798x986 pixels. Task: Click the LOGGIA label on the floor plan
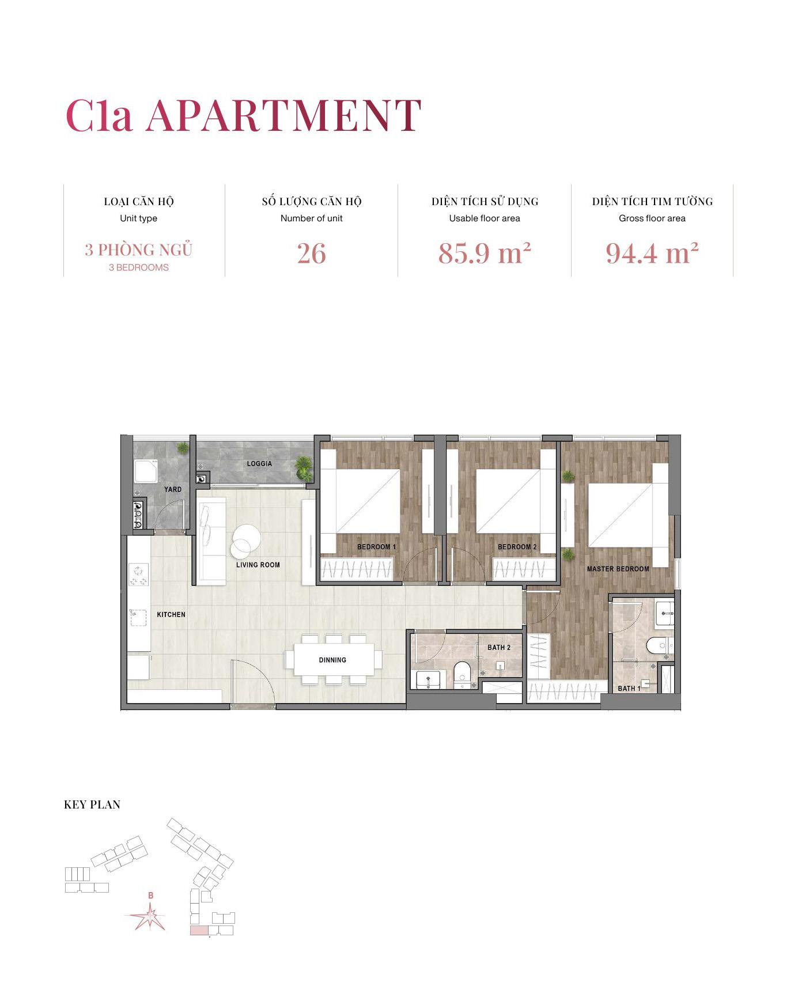pyautogui.click(x=259, y=463)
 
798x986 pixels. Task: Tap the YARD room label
pyautogui.click(x=172, y=489)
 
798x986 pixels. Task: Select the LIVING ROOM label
pyautogui.click(x=258, y=565)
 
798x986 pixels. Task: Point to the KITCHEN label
pyautogui.click(x=171, y=614)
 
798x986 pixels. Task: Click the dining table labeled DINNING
pyautogui.click(x=332, y=660)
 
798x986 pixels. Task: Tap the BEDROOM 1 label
pyautogui.click(x=376, y=547)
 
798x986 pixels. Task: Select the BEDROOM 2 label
pyautogui.click(x=517, y=547)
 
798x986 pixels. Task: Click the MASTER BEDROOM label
pyautogui.click(x=618, y=569)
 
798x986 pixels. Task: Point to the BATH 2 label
pyautogui.click(x=498, y=647)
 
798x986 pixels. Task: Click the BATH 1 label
pyautogui.click(x=629, y=688)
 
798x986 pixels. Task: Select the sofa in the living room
pyautogui.click(x=211, y=542)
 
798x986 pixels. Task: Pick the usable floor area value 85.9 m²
pyautogui.click(x=484, y=254)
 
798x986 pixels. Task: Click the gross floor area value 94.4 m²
pyautogui.click(x=652, y=254)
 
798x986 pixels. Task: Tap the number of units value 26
pyautogui.click(x=311, y=254)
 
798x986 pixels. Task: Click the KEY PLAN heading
pyautogui.click(x=92, y=804)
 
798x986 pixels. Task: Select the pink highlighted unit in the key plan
pyautogui.click(x=199, y=931)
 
